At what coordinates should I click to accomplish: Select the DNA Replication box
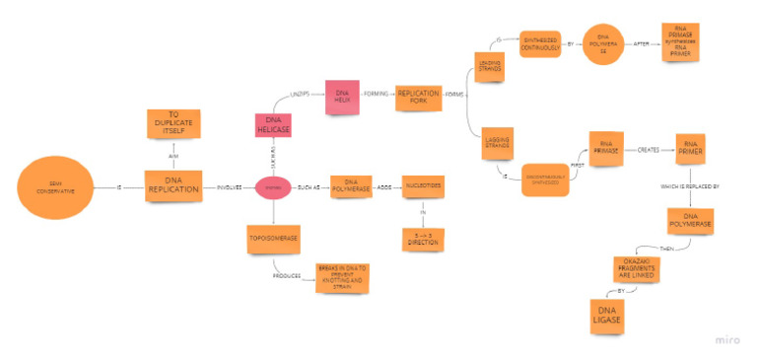click(x=173, y=185)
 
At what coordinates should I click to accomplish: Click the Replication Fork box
click(x=418, y=97)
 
